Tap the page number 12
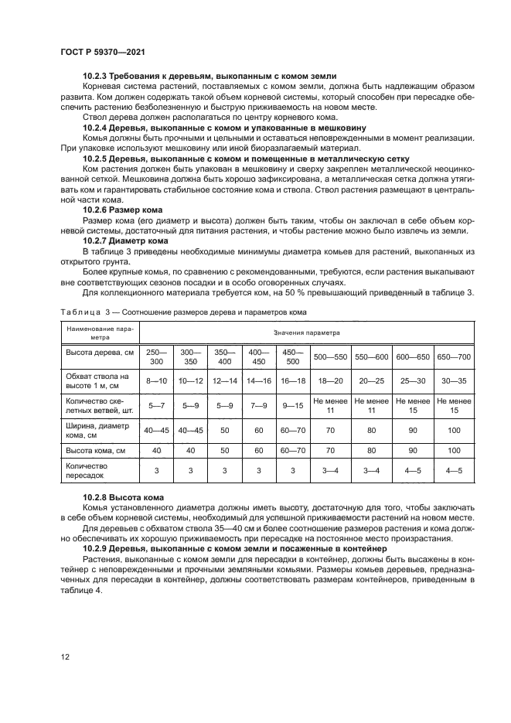(x=65, y=656)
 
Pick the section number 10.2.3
(x=97, y=77)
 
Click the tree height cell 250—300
(x=156, y=356)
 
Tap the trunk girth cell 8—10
(x=156, y=380)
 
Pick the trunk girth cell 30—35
(x=453, y=380)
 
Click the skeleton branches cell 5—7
(x=156, y=404)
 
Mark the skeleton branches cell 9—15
(x=292, y=404)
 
